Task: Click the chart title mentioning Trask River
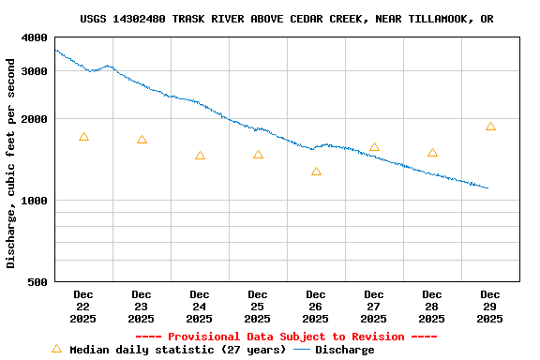pos(287,19)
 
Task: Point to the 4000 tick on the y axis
pos(34,37)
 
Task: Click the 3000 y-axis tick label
pos(34,71)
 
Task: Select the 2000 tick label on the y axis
pos(34,119)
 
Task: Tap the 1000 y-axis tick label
pos(34,201)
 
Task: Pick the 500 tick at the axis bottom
pos(37,282)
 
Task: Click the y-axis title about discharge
pos(11,163)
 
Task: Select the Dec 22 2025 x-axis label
pos(83,307)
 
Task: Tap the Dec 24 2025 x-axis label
pos(200,307)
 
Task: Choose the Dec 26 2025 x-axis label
pos(316,307)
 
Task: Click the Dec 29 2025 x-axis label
pos(490,307)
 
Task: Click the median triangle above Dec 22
pos(83,137)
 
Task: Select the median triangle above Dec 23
pos(142,140)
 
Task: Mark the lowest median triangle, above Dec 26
pos(316,172)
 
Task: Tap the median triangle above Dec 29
pos(490,127)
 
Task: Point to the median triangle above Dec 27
pos(374,147)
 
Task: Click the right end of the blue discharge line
pos(487,187)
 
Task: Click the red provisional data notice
pos(286,337)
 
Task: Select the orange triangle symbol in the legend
pos(56,349)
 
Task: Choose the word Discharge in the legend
pos(344,350)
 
